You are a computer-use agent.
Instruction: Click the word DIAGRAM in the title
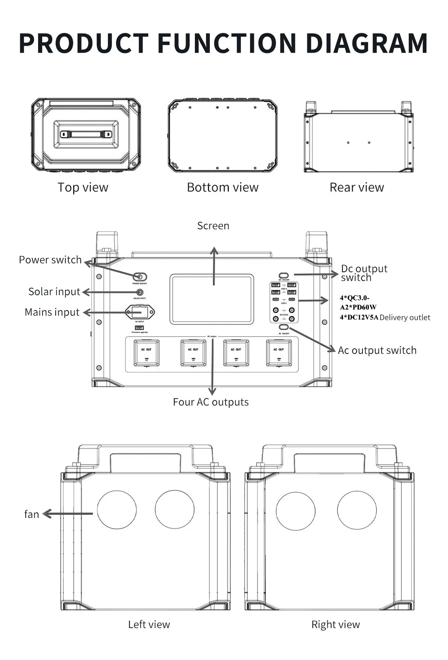click(367, 43)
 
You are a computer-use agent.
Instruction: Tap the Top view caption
click(83, 187)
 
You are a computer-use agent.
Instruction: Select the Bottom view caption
click(223, 187)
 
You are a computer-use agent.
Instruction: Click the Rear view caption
click(357, 187)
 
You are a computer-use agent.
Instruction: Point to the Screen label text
click(213, 226)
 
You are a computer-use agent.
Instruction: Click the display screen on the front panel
click(212, 299)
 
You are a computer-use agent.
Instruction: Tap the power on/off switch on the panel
click(140, 277)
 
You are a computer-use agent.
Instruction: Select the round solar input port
click(140, 292)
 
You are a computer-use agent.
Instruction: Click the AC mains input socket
click(139, 312)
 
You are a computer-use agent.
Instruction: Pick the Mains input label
click(52, 312)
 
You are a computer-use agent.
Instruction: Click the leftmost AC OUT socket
click(146, 352)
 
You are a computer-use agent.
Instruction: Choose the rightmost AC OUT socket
click(279, 352)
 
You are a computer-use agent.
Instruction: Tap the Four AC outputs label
click(211, 402)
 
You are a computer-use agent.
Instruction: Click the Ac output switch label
click(377, 351)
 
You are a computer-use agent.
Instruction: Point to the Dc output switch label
click(364, 273)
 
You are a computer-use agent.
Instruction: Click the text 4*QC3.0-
click(354, 298)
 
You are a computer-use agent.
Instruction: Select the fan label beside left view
click(32, 514)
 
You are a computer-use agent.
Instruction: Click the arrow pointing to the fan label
click(67, 514)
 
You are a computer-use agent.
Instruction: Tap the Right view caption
click(335, 625)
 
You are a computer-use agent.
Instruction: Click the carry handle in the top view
click(86, 134)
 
